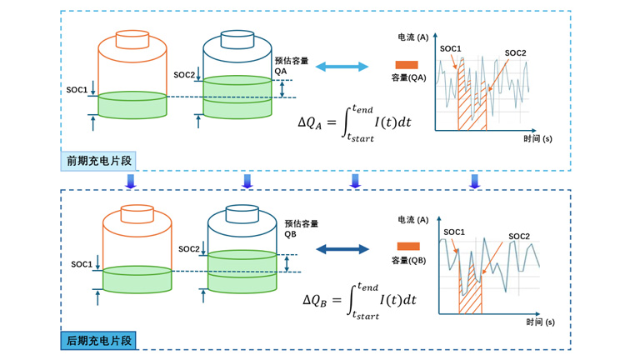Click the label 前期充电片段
[101, 160]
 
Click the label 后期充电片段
[100, 340]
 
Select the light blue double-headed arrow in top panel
[342, 66]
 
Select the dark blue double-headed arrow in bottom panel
[342, 248]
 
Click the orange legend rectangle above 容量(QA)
[407, 65]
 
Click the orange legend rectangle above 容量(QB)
[408, 247]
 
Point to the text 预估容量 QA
[292, 66]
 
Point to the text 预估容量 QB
[301, 228]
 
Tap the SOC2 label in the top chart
[516, 53]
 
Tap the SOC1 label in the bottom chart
[454, 232]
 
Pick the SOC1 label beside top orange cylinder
[77, 89]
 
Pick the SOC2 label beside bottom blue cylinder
[189, 249]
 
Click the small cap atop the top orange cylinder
[132, 39]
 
